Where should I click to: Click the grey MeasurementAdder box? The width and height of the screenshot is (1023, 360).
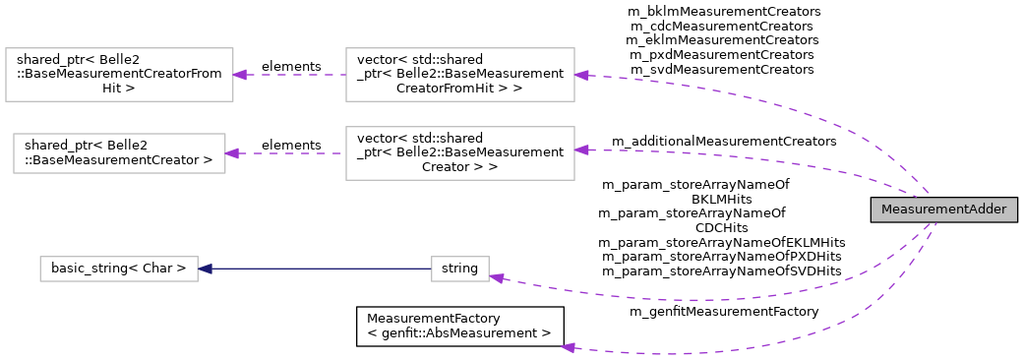click(943, 210)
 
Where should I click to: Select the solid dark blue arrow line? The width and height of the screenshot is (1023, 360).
click(315, 269)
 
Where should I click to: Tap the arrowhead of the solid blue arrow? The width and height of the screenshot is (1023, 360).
click(205, 269)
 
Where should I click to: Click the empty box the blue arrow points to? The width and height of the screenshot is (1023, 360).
click(119, 269)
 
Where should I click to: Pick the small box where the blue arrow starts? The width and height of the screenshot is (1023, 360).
click(460, 269)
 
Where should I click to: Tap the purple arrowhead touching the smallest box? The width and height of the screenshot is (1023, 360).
click(497, 278)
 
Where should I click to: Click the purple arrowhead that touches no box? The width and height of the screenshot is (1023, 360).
click(568, 347)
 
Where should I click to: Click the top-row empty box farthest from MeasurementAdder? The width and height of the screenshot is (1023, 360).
click(119, 75)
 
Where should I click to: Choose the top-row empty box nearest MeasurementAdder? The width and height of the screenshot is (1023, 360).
click(460, 75)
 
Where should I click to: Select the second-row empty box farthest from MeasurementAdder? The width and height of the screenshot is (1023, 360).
click(119, 153)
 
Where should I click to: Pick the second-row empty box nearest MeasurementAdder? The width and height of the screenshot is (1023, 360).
click(460, 153)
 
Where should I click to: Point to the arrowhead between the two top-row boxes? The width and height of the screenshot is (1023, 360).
click(240, 75)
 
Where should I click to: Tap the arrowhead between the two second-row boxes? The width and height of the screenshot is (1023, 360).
click(232, 153)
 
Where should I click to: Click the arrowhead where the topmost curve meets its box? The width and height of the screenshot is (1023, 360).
click(581, 75)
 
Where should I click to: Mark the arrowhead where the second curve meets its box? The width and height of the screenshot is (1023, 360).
click(581, 150)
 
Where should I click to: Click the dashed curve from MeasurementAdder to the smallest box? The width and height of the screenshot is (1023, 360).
click(689, 299)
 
